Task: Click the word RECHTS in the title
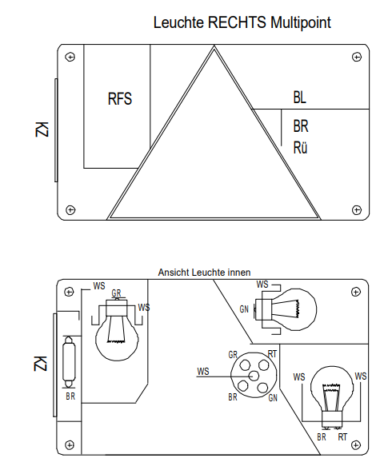click(x=237, y=22)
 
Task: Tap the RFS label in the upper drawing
click(x=120, y=98)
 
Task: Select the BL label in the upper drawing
click(x=300, y=98)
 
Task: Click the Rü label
click(x=300, y=148)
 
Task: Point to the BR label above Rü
click(x=301, y=126)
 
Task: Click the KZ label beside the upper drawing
click(x=42, y=129)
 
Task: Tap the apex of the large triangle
click(x=214, y=46)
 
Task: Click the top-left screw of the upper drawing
click(x=70, y=57)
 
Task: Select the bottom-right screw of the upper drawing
click(x=357, y=210)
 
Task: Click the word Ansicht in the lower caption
click(x=174, y=273)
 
